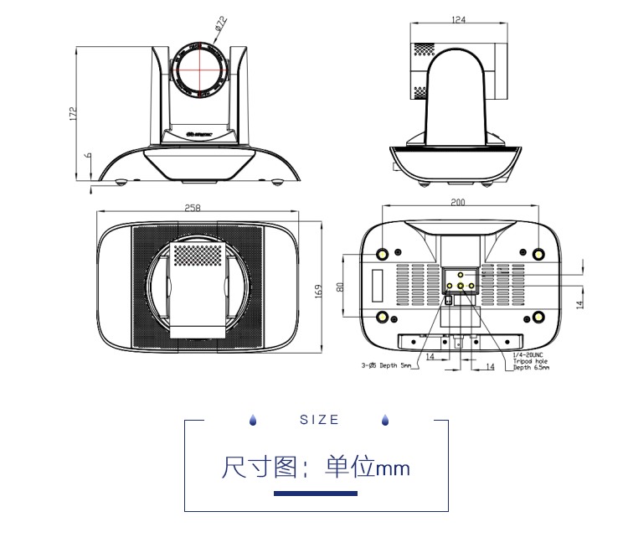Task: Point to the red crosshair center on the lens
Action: tap(200, 68)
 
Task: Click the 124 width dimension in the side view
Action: tap(458, 19)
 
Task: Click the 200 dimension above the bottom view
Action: tap(458, 202)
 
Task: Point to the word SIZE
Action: tap(320, 420)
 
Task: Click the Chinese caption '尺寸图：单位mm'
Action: tap(316, 467)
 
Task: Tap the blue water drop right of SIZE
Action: tap(385, 420)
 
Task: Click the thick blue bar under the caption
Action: tap(316, 494)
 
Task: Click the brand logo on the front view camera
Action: tap(199, 132)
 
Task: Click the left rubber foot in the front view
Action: tap(121, 182)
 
